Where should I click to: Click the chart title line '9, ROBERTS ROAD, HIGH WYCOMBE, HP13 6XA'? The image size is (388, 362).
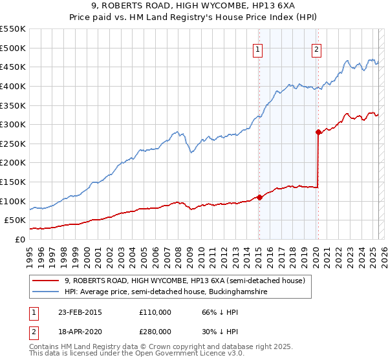click(x=193, y=8)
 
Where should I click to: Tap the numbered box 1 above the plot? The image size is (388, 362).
click(x=258, y=49)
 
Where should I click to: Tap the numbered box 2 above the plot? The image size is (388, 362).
click(x=317, y=49)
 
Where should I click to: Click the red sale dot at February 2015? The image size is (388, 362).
click(x=259, y=197)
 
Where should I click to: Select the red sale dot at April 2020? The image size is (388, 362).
click(x=318, y=132)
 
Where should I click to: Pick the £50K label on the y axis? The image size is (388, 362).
click(x=16, y=220)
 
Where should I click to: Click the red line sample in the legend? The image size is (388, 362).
click(x=47, y=281)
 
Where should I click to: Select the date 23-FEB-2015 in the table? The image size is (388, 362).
click(x=78, y=312)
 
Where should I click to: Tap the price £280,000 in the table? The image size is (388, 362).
click(x=155, y=331)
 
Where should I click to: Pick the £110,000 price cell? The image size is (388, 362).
click(x=155, y=312)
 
